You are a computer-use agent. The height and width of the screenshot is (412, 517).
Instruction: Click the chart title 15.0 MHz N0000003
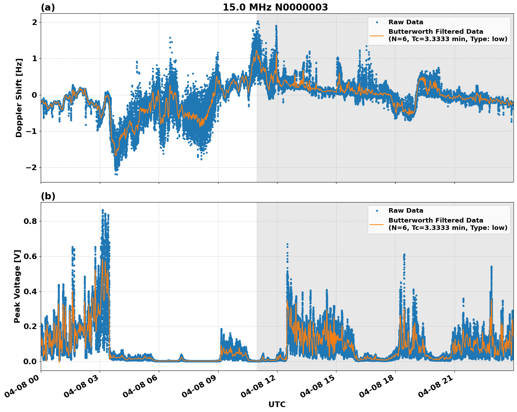tap(275, 7)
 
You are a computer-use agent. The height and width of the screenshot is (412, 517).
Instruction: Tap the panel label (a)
tap(48, 7)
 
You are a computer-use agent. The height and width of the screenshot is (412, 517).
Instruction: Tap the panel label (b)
tap(48, 196)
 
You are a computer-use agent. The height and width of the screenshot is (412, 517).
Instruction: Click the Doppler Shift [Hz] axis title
tap(19, 98)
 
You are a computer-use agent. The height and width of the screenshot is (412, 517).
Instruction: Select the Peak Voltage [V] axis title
tap(17, 286)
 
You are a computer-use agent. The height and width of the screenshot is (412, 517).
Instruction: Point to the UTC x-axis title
tap(277, 404)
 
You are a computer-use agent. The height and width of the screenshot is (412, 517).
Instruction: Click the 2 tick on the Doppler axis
tap(34, 22)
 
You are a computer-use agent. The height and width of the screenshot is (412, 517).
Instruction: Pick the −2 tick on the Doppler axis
tap(31, 167)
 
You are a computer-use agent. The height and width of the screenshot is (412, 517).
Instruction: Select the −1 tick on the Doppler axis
tap(31, 131)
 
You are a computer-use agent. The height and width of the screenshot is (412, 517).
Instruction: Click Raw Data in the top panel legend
tap(406, 22)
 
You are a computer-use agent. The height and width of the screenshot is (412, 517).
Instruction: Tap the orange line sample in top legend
tap(377, 35)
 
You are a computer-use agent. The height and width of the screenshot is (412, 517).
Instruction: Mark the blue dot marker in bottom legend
tap(377, 211)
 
